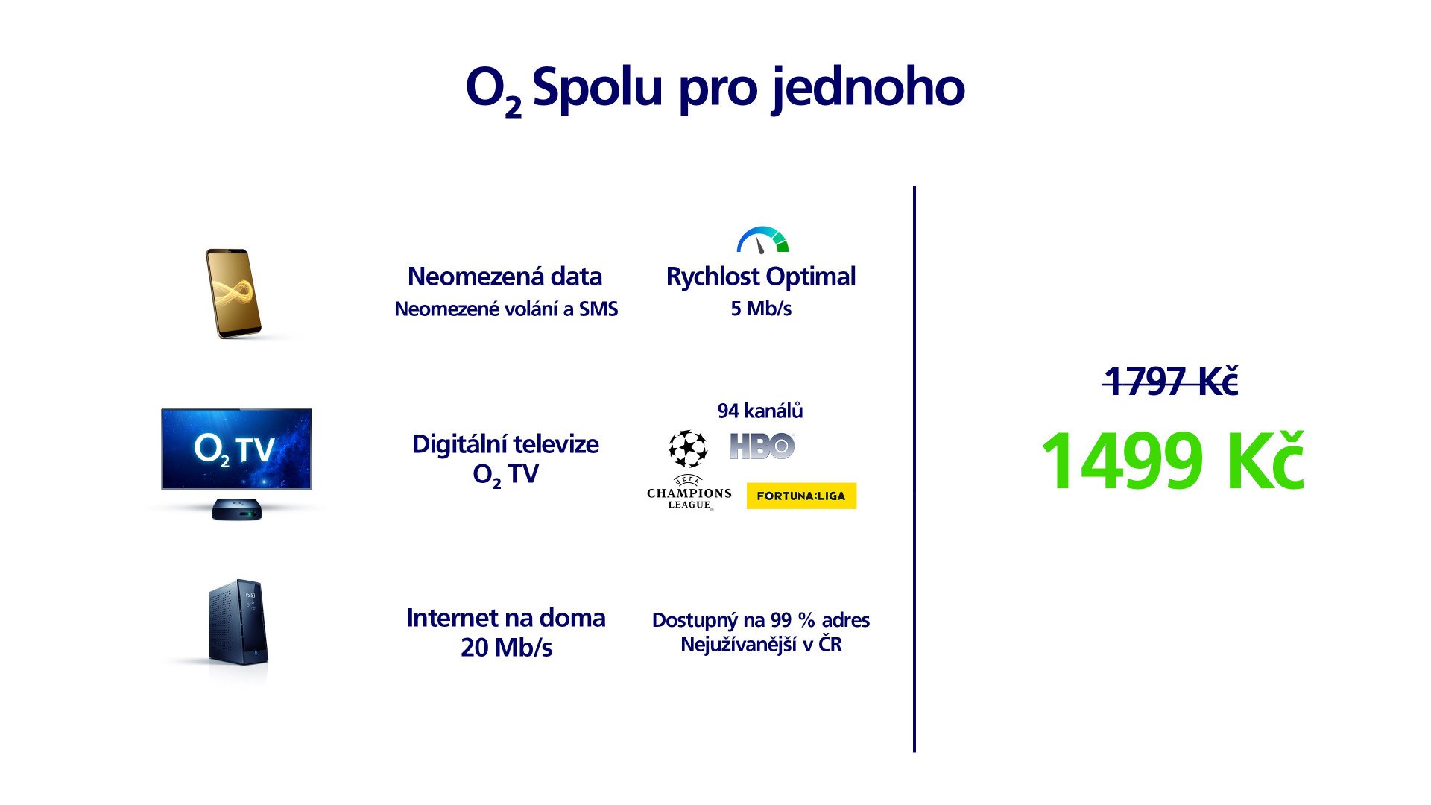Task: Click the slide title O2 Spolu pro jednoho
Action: [x=715, y=89]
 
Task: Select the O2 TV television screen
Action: [x=236, y=449]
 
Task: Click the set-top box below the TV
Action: [x=237, y=510]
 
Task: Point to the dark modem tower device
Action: [x=238, y=622]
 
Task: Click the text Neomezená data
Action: [x=505, y=277]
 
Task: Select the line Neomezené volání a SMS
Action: [x=506, y=309]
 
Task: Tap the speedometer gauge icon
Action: [x=762, y=240]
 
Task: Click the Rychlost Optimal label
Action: [x=761, y=277]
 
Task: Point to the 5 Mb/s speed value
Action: [x=761, y=309]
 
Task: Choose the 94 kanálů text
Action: [x=760, y=411]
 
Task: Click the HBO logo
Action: [x=762, y=446]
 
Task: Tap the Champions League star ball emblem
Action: [x=688, y=448]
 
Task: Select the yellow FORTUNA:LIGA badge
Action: [x=801, y=496]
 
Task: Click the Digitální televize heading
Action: [x=505, y=444]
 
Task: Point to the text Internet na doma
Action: [x=506, y=618]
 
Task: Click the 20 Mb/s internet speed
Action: [x=507, y=648]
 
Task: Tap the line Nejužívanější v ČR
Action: [x=761, y=644]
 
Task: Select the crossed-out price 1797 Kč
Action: [x=1171, y=382]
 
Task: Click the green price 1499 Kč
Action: [x=1172, y=461]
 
